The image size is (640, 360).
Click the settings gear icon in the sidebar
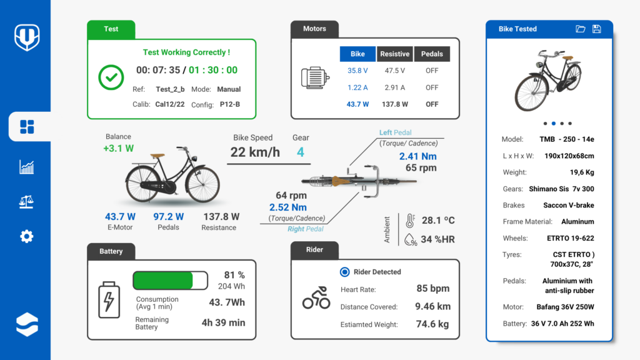click(26, 236)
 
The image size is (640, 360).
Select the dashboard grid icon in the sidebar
click(27, 127)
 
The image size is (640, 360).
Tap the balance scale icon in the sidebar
click(26, 201)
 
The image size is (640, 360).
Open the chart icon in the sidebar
click(26, 166)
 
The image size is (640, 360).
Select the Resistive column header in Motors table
click(395, 54)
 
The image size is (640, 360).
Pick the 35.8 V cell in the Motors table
click(357, 71)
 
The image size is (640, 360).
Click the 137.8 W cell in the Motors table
click(395, 104)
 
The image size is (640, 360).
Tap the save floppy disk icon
click(596, 29)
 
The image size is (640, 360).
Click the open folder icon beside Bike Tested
click(580, 29)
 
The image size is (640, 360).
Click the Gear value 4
click(301, 152)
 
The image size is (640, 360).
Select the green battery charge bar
click(164, 280)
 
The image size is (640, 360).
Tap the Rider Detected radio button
click(344, 272)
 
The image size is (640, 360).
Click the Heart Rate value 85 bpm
click(432, 289)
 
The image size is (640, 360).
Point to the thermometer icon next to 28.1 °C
click(410, 221)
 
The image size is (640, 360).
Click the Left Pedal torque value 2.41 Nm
click(418, 156)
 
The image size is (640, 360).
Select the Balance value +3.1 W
click(119, 149)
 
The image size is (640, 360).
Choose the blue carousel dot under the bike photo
click(554, 123)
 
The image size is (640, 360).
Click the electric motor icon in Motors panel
click(315, 77)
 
